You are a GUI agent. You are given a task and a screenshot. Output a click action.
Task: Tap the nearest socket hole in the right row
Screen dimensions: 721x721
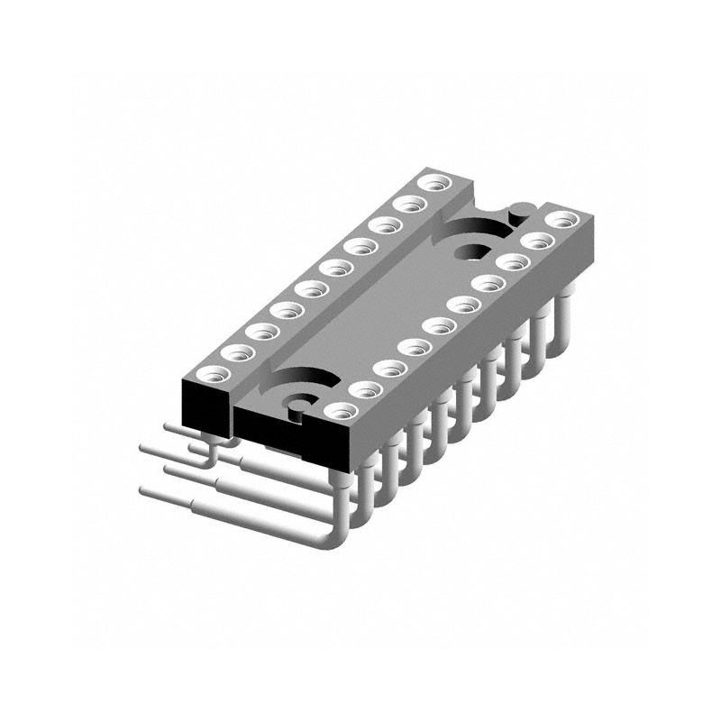[x=340, y=412]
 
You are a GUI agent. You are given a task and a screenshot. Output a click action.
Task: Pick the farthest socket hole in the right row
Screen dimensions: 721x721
[x=561, y=219]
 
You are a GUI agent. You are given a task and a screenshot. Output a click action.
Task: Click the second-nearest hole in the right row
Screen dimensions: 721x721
[x=365, y=390]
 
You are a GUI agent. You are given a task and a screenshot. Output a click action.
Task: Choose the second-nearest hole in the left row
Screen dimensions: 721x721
[x=237, y=352]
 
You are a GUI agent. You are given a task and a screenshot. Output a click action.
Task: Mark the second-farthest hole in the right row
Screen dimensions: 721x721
[x=537, y=241]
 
